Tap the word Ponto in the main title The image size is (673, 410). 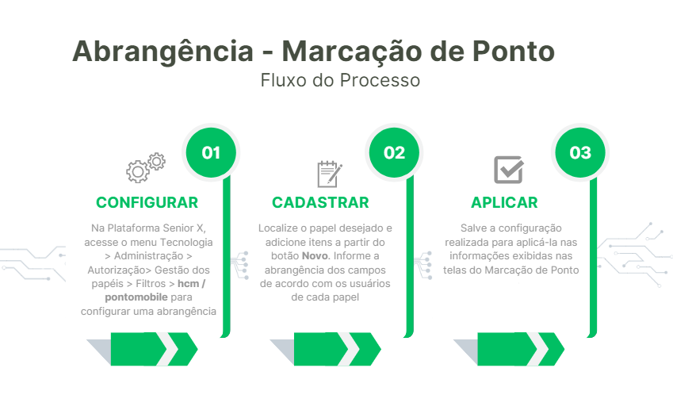(514, 52)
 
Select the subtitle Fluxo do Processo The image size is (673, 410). (340, 80)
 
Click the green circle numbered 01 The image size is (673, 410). (211, 152)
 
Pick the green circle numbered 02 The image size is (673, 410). (394, 152)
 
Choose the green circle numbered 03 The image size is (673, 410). (580, 152)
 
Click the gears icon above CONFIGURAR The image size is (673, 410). (146, 167)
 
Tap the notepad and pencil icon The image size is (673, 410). (329, 172)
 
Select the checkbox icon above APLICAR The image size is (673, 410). (508, 170)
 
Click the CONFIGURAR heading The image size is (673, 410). (147, 203)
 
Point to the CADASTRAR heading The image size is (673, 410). (320, 203)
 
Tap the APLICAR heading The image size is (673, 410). (504, 203)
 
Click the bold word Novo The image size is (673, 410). (315, 256)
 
